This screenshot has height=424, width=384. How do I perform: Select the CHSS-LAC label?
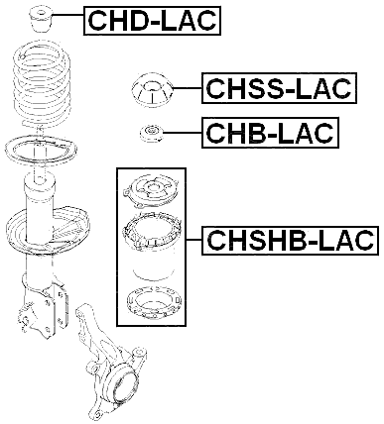[278, 90]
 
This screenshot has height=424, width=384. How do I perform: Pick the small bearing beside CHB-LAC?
[152, 132]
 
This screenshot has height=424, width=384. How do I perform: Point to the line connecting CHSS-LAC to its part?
[189, 90]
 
